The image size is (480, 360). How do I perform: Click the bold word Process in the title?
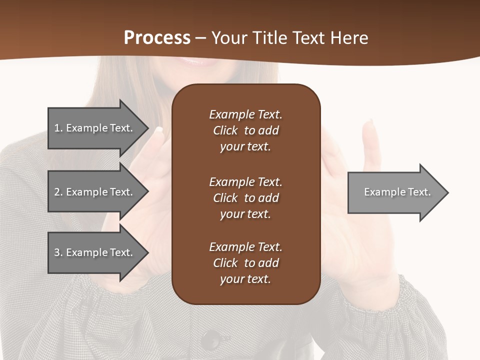click(x=157, y=38)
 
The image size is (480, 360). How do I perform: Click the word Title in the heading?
click(x=269, y=38)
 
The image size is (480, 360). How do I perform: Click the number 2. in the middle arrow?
click(x=58, y=192)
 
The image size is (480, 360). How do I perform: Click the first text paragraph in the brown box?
click(x=245, y=130)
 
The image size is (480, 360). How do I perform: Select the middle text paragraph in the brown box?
click(x=245, y=198)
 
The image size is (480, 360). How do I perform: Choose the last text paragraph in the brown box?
click(x=245, y=263)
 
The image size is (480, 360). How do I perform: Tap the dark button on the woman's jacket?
click(x=210, y=340)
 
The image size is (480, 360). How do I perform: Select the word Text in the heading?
click(x=309, y=38)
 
